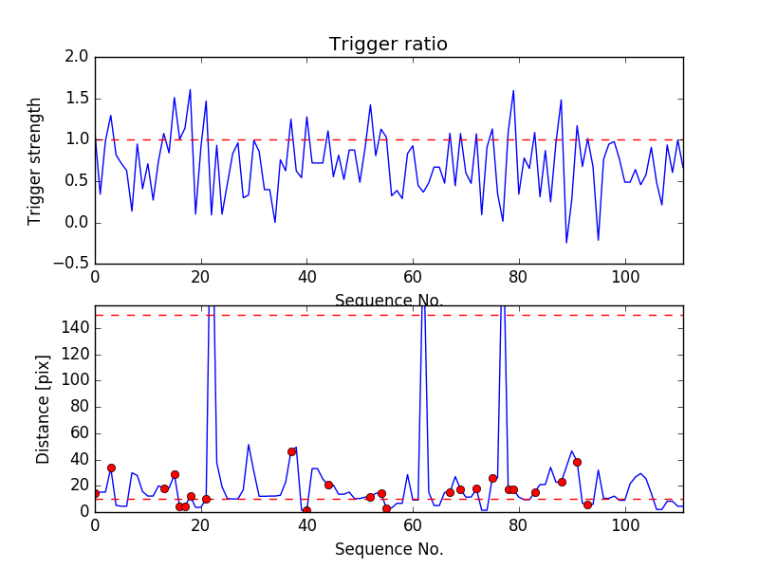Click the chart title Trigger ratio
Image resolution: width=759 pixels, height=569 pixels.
click(x=388, y=45)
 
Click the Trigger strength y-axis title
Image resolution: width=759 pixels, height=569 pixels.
click(x=35, y=160)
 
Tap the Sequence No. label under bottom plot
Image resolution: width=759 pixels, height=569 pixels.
click(x=389, y=549)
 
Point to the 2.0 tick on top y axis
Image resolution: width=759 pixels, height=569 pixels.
click(x=77, y=57)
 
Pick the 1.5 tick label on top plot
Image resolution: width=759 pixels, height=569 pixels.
click(x=77, y=99)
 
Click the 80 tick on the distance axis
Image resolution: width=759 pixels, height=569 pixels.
click(x=77, y=407)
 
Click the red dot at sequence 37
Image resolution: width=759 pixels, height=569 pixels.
click(x=291, y=451)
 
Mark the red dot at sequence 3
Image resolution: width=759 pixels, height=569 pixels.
click(x=111, y=468)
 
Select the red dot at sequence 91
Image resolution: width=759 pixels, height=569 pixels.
click(x=577, y=462)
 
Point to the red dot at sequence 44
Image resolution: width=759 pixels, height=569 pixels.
click(x=328, y=485)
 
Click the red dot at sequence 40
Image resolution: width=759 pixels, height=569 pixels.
click(x=306, y=510)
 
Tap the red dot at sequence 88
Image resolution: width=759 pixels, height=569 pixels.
click(x=562, y=482)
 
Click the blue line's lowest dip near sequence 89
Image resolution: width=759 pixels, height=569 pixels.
click(x=566, y=243)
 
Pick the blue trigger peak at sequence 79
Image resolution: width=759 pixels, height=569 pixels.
click(x=513, y=91)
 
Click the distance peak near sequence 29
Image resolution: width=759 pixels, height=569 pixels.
click(x=249, y=445)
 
